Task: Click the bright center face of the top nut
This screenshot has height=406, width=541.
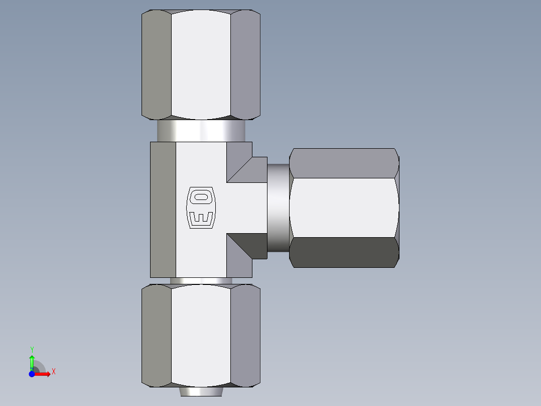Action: coord(201,64)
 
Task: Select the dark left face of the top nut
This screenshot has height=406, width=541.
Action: coord(157,64)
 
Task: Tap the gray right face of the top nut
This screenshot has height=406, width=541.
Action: coord(245,64)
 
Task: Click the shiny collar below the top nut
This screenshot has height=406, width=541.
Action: coord(201,131)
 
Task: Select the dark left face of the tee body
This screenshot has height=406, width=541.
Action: coord(163,209)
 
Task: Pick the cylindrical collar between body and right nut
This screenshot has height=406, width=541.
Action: coord(278,208)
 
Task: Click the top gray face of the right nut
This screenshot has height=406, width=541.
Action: coord(344,163)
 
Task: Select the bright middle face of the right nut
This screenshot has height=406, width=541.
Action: coord(344,208)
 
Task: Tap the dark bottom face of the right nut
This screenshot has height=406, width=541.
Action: coord(344,252)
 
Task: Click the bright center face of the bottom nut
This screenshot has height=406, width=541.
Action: coord(201,336)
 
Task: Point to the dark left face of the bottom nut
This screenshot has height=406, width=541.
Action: coord(157,336)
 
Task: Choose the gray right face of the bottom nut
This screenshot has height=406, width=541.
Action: coord(245,336)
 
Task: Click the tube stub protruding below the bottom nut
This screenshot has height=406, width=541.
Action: coord(201,391)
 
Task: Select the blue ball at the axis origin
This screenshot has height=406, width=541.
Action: coord(32,374)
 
